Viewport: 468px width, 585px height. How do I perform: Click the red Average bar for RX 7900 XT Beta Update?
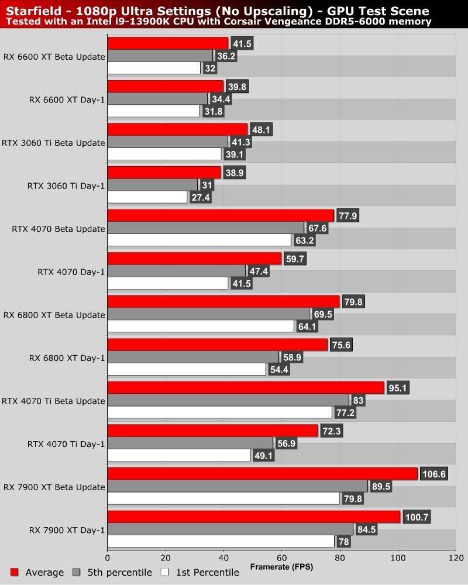tap(262, 473)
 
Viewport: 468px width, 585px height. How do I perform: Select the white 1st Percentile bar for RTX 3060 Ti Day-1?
tap(147, 197)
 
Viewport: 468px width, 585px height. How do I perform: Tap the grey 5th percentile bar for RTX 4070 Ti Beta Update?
tap(228, 400)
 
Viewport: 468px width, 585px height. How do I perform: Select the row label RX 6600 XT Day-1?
tap(67, 99)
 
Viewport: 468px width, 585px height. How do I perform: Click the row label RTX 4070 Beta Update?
tap(58, 229)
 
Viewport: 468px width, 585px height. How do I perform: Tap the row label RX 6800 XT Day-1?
tap(67, 357)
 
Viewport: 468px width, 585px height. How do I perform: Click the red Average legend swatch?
tap(15, 572)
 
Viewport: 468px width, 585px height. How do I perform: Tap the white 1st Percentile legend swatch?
tap(165, 572)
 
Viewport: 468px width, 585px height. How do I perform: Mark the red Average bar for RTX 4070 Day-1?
tap(194, 259)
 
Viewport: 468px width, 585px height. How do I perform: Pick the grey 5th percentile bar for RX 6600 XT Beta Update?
tap(160, 56)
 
